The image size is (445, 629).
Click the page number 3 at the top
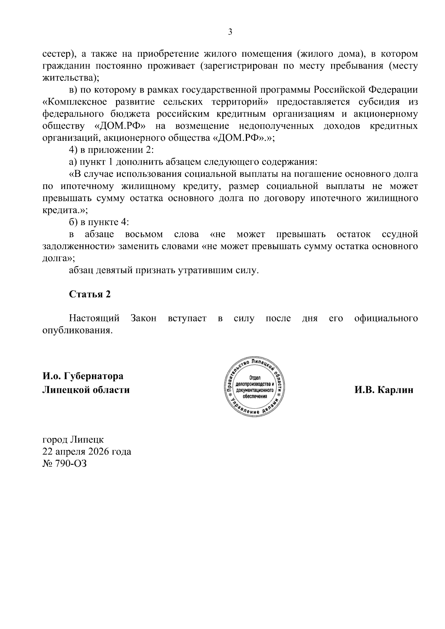(x=230, y=32)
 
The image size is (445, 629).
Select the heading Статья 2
(x=90, y=294)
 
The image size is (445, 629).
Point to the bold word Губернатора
(x=93, y=376)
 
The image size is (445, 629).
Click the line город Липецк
(x=73, y=440)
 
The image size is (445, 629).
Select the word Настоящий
(x=94, y=318)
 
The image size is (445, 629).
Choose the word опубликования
(x=77, y=330)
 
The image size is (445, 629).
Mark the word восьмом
(x=144, y=235)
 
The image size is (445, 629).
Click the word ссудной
(x=399, y=235)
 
